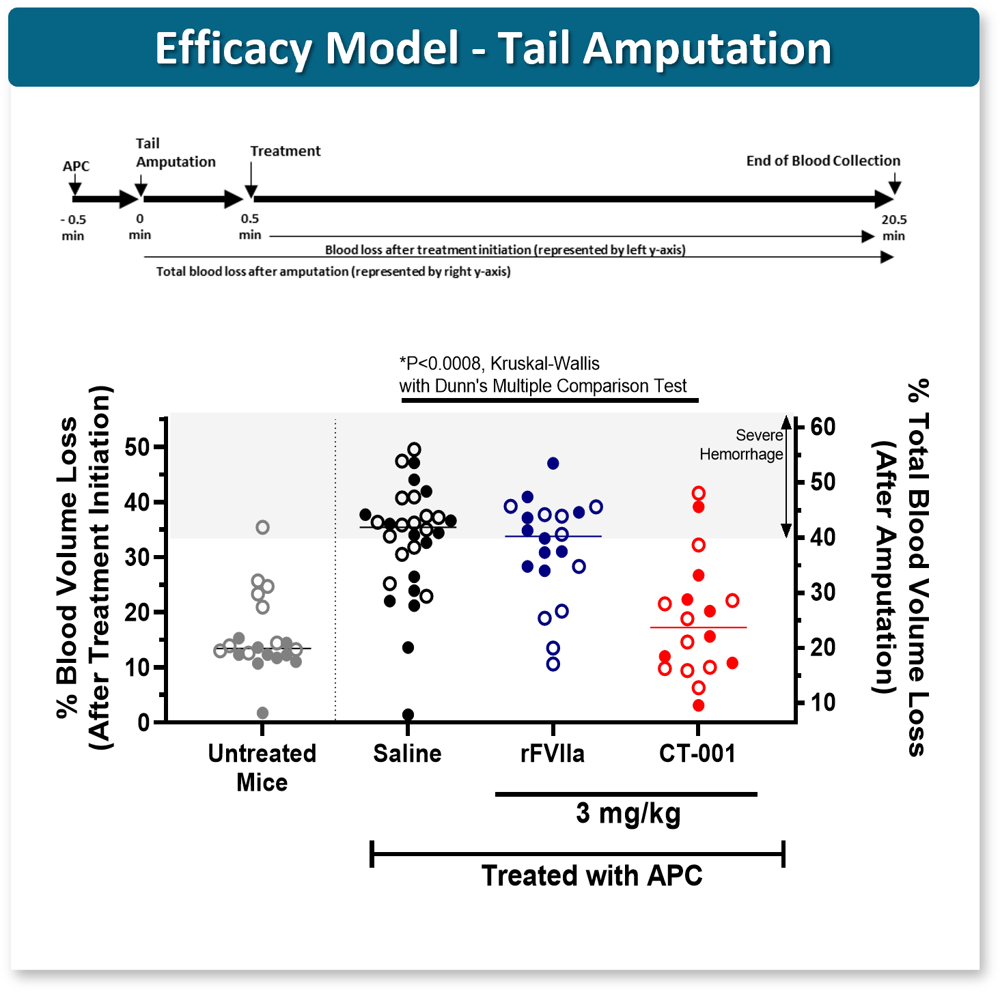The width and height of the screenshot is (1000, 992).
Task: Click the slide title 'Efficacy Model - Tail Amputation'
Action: coord(493,48)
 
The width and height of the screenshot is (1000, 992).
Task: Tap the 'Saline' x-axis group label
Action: coord(407,753)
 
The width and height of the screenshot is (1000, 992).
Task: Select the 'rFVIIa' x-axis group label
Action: coord(552,753)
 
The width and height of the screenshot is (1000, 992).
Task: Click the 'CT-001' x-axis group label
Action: coord(697,753)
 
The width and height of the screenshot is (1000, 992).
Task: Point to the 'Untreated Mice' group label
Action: coord(262,768)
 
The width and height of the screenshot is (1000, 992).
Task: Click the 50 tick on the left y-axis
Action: coord(137,447)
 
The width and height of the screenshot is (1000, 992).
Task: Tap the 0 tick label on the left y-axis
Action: coord(143,722)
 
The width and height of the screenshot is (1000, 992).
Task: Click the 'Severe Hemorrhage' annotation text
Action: coord(742,444)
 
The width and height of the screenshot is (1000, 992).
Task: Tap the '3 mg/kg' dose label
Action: coord(628,813)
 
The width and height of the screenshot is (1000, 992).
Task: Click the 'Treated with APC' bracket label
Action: coord(592,876)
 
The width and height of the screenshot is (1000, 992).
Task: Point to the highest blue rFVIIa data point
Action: coord(553,464)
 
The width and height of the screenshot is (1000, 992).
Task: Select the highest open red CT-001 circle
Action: coord(699,493)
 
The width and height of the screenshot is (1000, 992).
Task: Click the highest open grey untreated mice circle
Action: coord(262,528)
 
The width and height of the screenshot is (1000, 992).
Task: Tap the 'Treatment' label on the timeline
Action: coord(286,151)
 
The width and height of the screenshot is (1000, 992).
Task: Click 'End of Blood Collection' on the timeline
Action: coord(823,161)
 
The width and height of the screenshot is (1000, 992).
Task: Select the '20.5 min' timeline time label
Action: coord(893,228)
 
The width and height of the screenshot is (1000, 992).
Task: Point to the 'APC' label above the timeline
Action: coord(76,166)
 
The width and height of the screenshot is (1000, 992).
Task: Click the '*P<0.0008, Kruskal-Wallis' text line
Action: coord(499,364)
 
